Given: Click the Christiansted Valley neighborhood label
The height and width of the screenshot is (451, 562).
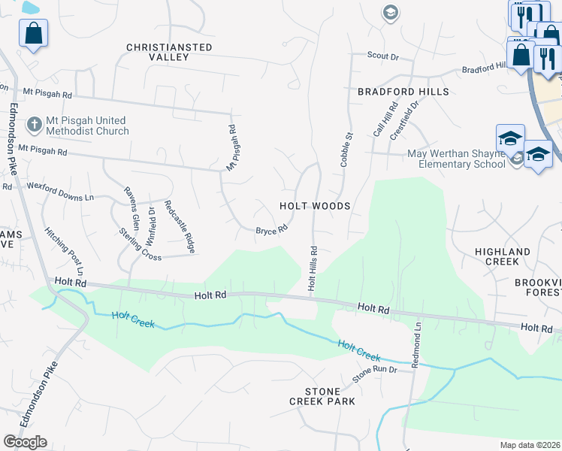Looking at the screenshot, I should click(169, 52).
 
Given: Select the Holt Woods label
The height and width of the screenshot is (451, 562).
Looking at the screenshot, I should click(315, 205).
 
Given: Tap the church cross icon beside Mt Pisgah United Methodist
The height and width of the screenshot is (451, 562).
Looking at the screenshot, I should click(34, 123).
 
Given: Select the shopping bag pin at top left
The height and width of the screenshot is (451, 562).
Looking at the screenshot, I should click(34, 33).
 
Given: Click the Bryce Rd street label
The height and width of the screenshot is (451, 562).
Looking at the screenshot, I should click(271, 230).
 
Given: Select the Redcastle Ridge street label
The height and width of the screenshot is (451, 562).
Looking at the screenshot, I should click(180, 226).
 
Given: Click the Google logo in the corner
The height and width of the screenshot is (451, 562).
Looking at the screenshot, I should click(25, 442).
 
